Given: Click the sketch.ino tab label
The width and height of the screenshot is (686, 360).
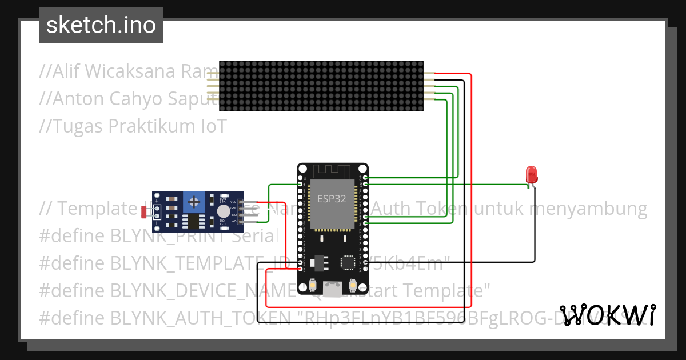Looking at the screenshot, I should tap(101, 25).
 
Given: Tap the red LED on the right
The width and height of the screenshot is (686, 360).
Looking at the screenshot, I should tap(531, 174).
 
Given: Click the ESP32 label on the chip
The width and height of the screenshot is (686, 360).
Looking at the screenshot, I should tap(332, 199).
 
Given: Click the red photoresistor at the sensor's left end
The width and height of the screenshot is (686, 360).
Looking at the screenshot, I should tap(143, 212).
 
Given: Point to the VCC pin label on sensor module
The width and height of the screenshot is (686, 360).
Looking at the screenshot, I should tap(233, 202).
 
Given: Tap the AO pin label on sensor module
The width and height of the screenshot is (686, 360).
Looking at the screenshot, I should tap(234, 221).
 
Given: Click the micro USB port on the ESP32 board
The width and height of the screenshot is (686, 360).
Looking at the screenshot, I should tap(332, 289).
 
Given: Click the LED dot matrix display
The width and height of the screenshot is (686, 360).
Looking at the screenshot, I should tap(321, 86).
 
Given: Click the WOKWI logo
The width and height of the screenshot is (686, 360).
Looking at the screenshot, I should tap(607, 315).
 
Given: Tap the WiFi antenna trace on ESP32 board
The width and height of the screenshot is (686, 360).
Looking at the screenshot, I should tap(332, 171).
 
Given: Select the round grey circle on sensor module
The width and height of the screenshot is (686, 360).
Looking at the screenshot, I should tap(222, 211).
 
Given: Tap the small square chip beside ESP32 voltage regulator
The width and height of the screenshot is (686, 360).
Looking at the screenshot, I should tap(348, 262).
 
